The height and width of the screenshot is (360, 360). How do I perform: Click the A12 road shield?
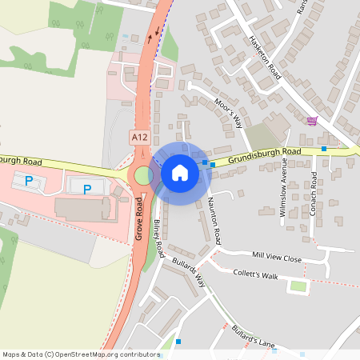(140, 138)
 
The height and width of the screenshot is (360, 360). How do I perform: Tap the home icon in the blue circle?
(180, 172)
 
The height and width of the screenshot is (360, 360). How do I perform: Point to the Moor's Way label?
(230, 114)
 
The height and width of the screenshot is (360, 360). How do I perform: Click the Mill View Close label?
(276, 258)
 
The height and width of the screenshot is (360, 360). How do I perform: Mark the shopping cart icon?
(312, 121)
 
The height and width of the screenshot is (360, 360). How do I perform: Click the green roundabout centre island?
(143, 175)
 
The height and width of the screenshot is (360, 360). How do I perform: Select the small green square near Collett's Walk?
(298, 286)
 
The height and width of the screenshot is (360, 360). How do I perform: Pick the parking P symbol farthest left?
(29, 182)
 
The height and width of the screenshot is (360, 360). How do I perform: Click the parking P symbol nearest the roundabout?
(87, 189)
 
